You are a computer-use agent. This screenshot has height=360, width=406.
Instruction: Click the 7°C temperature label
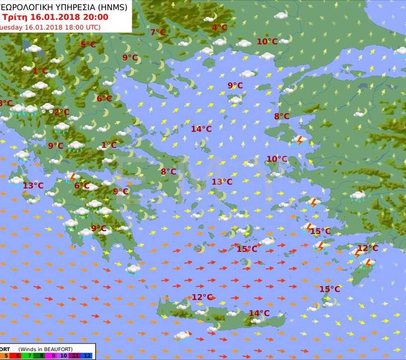click(x=158, y=32)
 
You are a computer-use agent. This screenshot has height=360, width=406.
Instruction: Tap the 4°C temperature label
click(x=219, y=28)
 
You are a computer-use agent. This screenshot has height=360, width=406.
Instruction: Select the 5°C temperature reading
click(x=88, y=44)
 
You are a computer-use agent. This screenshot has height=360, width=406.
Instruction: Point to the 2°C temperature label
click(x=62, y=112)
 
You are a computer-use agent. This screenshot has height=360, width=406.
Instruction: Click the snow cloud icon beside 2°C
click(x=48, y=107)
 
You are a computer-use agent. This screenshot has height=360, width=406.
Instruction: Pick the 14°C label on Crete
click(x=259, y=313)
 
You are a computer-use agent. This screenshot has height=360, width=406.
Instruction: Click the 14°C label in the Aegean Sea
click(x=202, y=129)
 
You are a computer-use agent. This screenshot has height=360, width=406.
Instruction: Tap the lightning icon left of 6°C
click(x=72, y=177)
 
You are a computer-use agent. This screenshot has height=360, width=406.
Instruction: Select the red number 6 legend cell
click(x=18, y=355)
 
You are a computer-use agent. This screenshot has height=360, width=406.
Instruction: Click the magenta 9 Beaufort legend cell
click(x=53, y=355)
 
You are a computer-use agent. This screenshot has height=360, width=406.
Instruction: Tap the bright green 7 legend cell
click(x=30, y=355)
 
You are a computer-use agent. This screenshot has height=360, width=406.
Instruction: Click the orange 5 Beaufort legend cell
click(x=6, y=355)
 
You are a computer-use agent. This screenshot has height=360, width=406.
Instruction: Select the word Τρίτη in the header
click(x=13, y=17)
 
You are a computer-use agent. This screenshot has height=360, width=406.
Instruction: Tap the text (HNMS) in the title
click(x=111, y=7)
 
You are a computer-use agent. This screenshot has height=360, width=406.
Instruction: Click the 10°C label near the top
click(x=267, y=42)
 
